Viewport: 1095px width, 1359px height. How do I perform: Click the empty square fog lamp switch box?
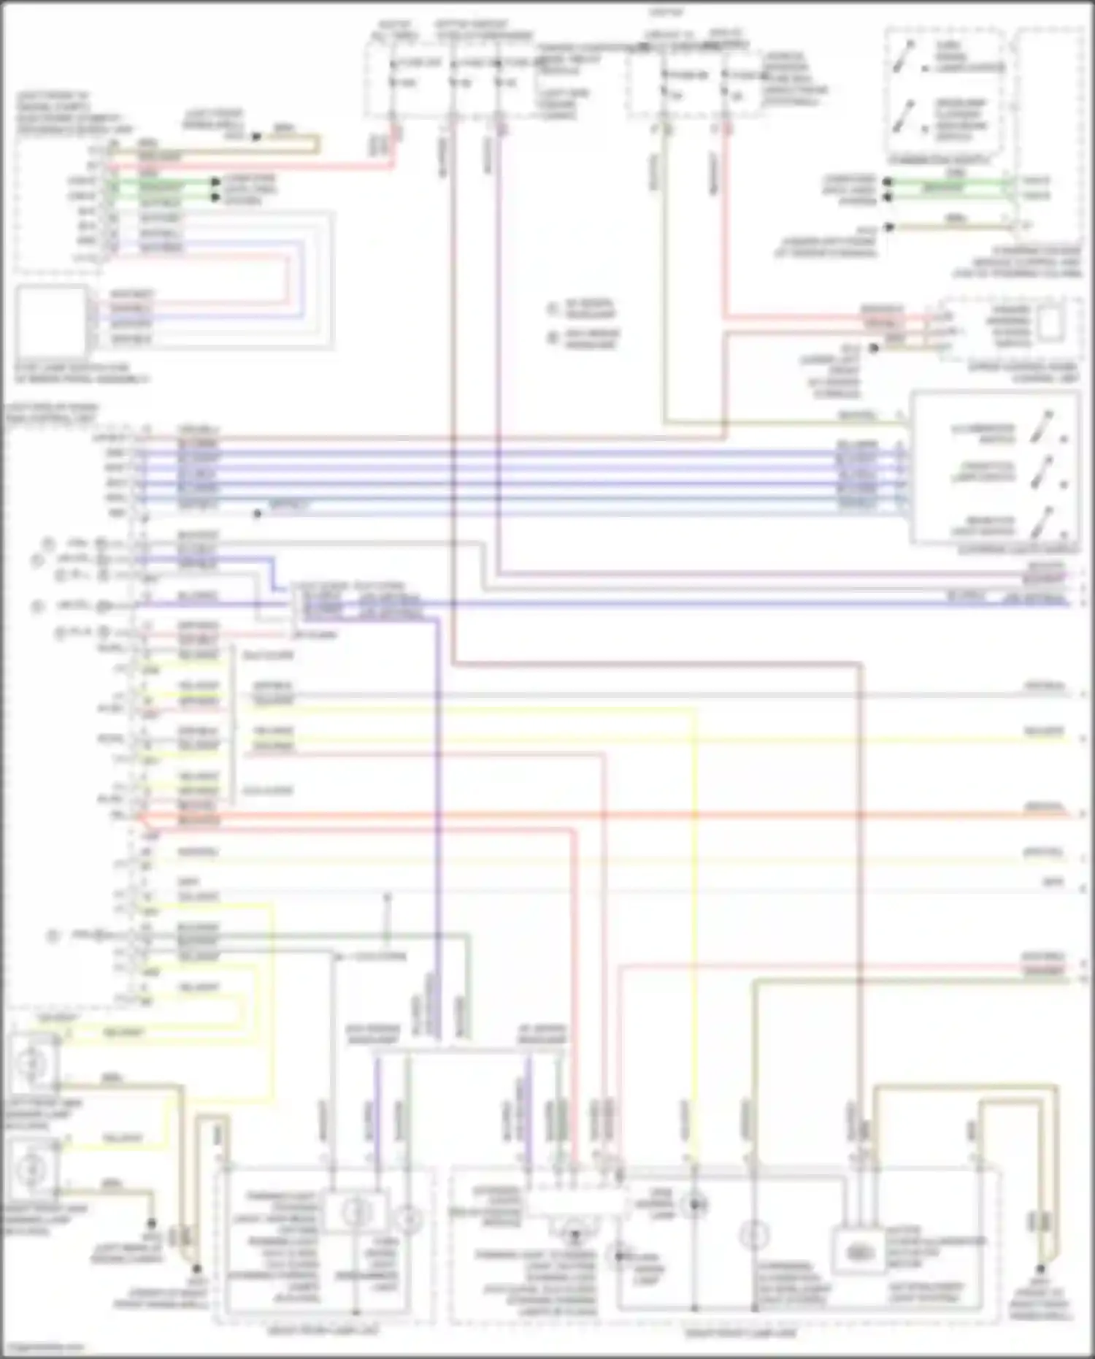51,319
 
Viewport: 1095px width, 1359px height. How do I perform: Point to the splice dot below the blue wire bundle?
257,514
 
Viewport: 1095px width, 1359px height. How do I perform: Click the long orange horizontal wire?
584,814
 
